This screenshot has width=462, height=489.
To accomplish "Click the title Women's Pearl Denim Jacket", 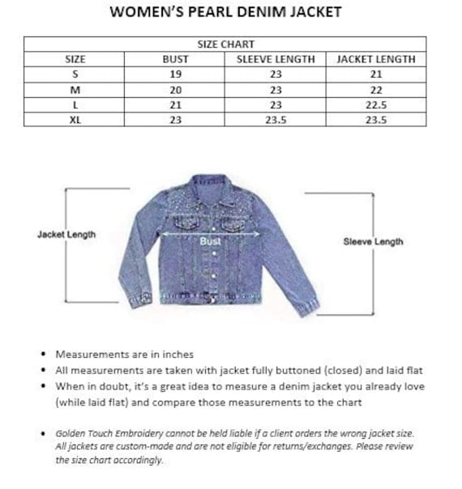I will pyautogui.click(x=225, y=12).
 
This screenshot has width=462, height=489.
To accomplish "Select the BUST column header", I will pyautogui.click(x=176, y=59).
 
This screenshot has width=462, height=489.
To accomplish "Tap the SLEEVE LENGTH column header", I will pyautogui.click(x=276, y=59).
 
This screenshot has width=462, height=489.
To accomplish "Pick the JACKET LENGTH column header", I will pyautogui.click(x=375, y=59).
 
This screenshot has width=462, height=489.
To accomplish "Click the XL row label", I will pyautogui.click(x=75, y=120).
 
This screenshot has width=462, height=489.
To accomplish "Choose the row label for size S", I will pyautogui.click(x=75, y=74).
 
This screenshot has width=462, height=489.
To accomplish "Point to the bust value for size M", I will pyautogui.click(x=176, y=90).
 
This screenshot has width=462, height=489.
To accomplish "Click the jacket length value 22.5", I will pyautogui.click(x=375, y=105).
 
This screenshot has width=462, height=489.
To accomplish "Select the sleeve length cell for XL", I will pyautogui.click(x=276, y=120).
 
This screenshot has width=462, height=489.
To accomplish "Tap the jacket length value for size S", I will pyautogui.click(x=375, y=74).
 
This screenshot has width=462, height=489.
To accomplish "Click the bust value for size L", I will pyautogui.click(x=176, y=105).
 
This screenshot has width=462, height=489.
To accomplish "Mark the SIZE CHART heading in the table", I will pyautogui.click(x=225, y=45).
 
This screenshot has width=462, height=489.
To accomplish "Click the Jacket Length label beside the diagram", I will pyautogui.click(x=66, y=235).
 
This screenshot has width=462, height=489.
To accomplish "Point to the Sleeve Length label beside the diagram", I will pyautogui.click(x=373, y=241).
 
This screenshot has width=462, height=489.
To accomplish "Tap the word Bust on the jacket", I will pyautogui.click(x=210, y=240).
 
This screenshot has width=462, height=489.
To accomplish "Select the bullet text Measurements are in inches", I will pyautogui.click(x=124, y=354).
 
